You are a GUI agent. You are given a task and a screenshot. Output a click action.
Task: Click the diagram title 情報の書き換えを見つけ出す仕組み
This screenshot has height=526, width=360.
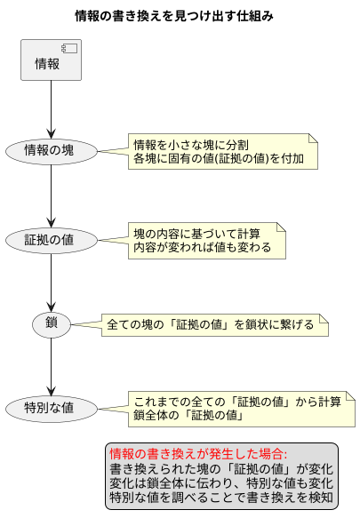pyautogui.click(x=174, y=16)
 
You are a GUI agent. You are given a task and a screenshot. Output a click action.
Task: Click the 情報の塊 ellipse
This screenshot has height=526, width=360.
pyautogui.click(x=51, y=150)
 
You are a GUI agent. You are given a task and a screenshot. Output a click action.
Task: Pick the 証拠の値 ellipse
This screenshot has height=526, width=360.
pyautogui.click(x=51, y=240)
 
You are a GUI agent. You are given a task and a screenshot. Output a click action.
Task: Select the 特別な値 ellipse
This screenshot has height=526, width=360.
pyautogui.click(x=51, y=409)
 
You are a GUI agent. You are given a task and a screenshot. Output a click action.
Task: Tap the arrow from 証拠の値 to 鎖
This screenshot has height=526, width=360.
pyautogui.click(x=51, y=282)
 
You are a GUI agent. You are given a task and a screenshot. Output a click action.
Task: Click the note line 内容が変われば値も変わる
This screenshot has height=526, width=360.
pyautogui.click(x=202, y=247)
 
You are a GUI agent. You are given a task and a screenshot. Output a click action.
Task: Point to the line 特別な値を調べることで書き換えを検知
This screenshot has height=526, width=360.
pyautogui.click(x=220, y=498)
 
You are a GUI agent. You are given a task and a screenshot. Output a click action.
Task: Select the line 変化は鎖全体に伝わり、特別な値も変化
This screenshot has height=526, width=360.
pyautogui.click(x=220, y=482)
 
